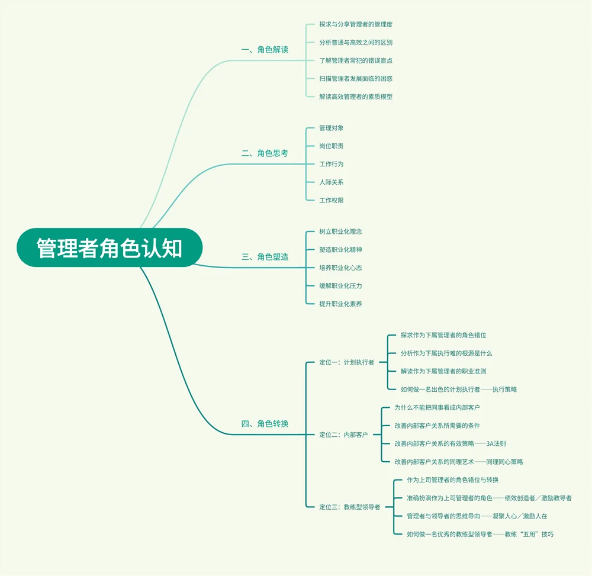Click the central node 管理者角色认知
pos(110,248)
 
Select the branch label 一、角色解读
pos(265,50)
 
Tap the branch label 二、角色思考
pos(265,153)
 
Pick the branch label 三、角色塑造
pos(265,257)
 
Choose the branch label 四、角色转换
pos(265,424)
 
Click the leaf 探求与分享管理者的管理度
pos(355,25)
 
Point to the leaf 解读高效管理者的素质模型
pos(355,96)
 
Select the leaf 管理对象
pos(331,128)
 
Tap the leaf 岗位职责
pos(331,146)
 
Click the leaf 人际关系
pos(331,182)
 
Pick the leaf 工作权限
pos(331,200)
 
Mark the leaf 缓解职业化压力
pos(340,286)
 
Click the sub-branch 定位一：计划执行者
pos(346,362)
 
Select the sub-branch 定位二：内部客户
pos(343,435)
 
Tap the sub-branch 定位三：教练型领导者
pos(349,507)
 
